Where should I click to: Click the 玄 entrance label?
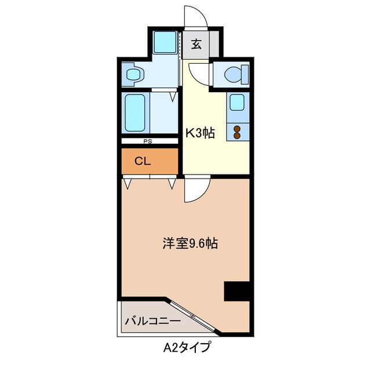tap(197, 44)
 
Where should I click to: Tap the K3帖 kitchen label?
tap(200, 133)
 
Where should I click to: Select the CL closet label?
tap(143, 161)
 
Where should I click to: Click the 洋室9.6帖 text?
tap(190, 243)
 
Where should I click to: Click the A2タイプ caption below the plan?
tap(186, 348)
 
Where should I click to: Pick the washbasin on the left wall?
tap(134, 74)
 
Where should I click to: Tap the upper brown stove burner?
tap(237, 128)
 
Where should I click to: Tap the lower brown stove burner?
tap(237, 136)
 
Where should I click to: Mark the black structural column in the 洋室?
tap(237, 291)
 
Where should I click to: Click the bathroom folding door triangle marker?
tap(173, 97)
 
